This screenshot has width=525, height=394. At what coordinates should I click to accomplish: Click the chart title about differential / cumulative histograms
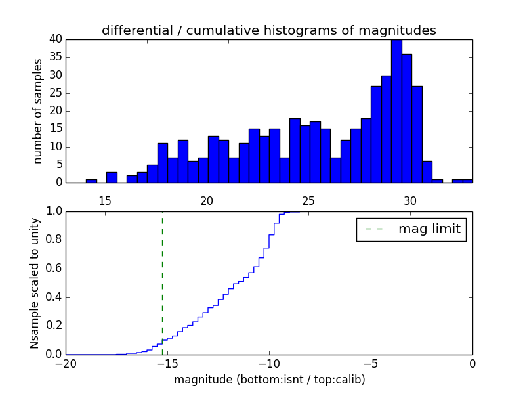point(268,30)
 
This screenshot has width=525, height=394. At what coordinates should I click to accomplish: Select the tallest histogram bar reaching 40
point(396,112)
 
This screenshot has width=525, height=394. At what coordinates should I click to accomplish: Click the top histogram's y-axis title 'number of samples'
point(38,111)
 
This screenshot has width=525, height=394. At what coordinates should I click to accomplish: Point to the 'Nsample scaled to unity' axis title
point(34,283)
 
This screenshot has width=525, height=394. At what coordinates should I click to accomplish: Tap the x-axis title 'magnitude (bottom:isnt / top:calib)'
point(268,380)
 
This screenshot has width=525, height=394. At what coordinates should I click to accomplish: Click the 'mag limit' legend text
point(429,229)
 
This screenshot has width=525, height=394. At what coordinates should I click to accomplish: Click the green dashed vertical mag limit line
point(162,276)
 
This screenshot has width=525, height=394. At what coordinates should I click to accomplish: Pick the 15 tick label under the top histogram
point(105,200)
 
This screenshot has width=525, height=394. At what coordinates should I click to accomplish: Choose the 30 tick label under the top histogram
point(410,200)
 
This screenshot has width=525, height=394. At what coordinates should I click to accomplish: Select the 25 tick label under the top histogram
point(308,200)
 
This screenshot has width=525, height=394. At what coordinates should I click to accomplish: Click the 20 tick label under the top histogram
point(207,200)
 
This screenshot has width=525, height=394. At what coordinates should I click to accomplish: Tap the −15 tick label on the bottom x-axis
point(167,363)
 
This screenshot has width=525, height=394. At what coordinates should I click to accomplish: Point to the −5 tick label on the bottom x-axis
point(370,363)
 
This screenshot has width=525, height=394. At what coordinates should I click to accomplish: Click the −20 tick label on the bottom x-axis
point(65,363)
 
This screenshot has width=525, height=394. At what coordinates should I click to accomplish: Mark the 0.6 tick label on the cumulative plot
point(54,269)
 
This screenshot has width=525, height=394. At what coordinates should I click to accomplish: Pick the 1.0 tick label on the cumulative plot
point(54,211)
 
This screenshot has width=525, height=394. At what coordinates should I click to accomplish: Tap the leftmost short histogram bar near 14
point(91,181)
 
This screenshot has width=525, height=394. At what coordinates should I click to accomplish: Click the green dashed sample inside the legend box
point(374,229)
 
